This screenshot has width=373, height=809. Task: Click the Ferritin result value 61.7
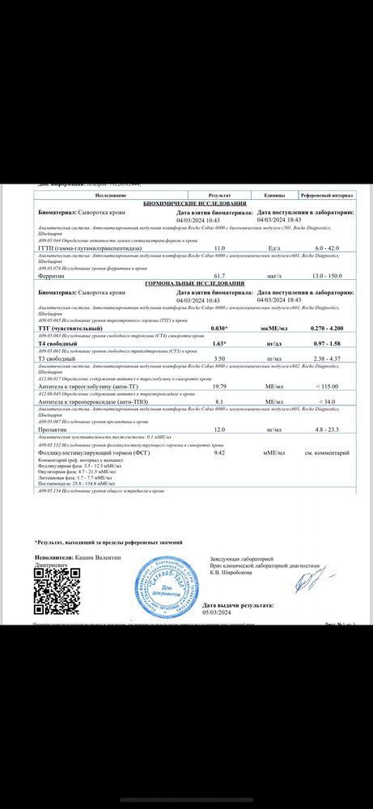click(x=218, y=276)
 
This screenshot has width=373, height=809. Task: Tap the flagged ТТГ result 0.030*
click(x=218, y=328)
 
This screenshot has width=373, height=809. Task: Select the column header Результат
click(x=219, y=196)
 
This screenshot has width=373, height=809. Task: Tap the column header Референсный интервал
click(x=327, y=196)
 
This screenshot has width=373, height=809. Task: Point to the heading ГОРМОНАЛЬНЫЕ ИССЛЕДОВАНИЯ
click(x=193, y=284)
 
